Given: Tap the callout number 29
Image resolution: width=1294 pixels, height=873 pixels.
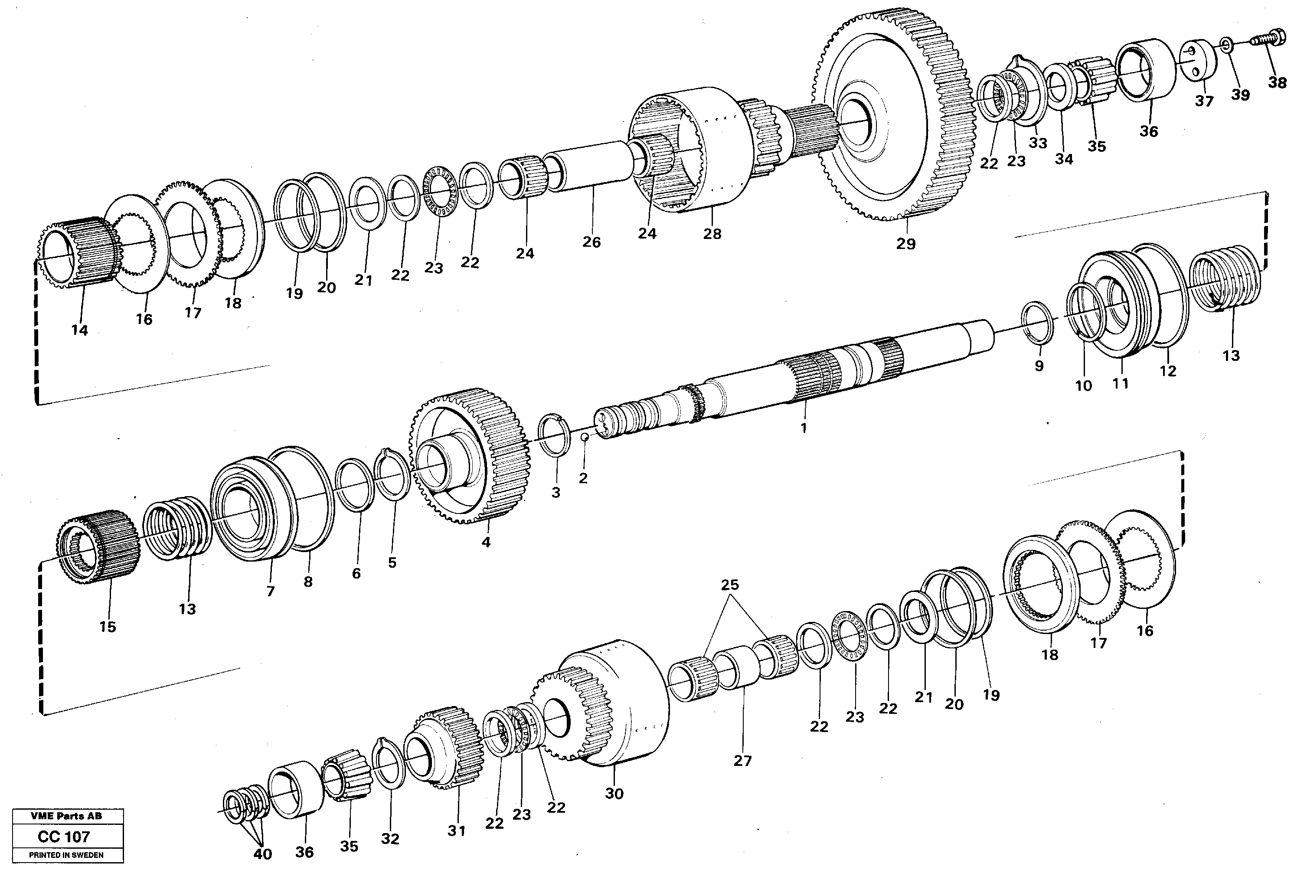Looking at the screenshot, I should [x=905, y=243].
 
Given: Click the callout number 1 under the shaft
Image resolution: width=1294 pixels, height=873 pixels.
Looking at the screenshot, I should [x=803, y=428].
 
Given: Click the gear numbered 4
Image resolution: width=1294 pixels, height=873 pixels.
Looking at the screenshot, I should [x=471, y=457].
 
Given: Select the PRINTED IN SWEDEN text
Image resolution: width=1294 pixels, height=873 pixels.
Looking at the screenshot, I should [x=66, y=855].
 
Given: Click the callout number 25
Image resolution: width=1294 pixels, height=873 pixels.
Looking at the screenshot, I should [x=730, y=585].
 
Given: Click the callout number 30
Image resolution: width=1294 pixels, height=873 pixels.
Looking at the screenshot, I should [x=614, y=793].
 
